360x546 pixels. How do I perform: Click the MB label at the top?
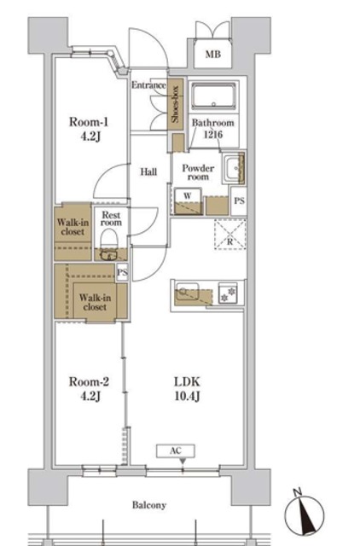(x=212, y=55)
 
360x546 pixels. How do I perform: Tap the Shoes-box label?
(x=175, y=104)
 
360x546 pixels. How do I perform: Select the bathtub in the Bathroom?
(x=214, y=96)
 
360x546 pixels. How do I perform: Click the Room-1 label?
(x=89, y=122)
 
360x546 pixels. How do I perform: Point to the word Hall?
(x=148, y=171)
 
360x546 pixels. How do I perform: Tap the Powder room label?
(x=198, y=172)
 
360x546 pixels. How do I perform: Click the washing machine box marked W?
(x=188, y=201)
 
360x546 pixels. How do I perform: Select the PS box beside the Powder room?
(x=239, y=201)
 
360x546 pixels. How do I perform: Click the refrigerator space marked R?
(x=230, y=234)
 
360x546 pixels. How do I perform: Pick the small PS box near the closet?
(x=122, y=272)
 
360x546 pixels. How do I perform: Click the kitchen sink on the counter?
(x=188, y=292)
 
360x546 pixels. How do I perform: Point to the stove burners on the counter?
(x=228, y=293)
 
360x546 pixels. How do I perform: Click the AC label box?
(x=176, y=451)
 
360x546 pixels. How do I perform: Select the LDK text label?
(x=187, y=381)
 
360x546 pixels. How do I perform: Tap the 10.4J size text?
(x=187, y=396)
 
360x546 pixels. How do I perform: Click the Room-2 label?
(x=89, y=382)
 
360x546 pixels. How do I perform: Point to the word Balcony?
(x=149, y=505)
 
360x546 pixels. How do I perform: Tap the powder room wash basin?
(x=233, y=168)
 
